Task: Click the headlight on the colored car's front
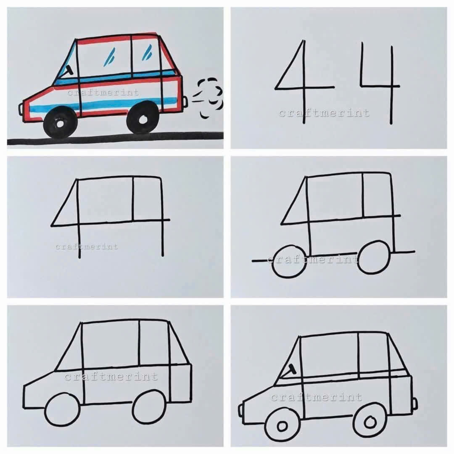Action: point(21,109)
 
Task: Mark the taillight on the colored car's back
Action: point(185,101)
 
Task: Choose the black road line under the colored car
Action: point(115,138)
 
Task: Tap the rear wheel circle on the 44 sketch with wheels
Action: point(374,257)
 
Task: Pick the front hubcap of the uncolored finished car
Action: point(282,426)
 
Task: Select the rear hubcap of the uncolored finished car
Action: point(370,422)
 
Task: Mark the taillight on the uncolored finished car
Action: point(415,403)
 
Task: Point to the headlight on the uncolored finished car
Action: point(241,410)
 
